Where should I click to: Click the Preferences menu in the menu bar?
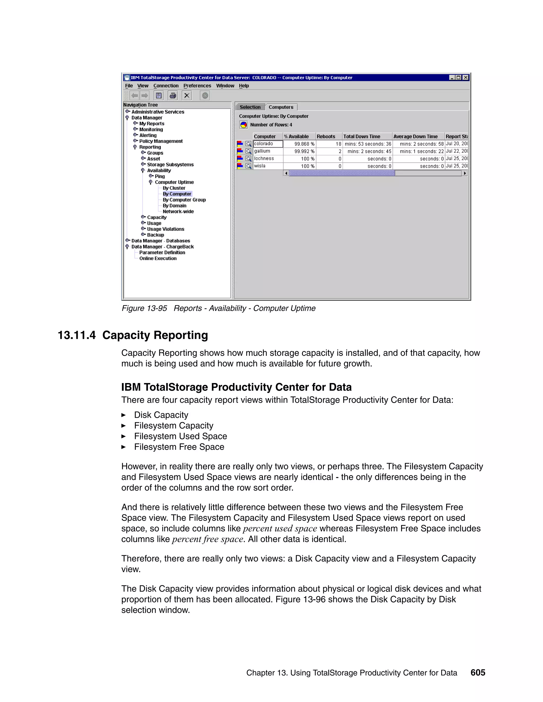coord(197,86)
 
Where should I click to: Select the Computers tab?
coord(281,107)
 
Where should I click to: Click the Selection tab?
coord(250,107)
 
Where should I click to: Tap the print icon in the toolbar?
coord(173,95)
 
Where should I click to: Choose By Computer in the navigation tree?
coord(177,194)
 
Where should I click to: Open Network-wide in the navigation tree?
coord(178,211)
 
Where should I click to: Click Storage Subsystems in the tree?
coord(170,165)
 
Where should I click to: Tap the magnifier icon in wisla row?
coord(248,166)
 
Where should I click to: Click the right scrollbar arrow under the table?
coord(465,173)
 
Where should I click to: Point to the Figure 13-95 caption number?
coord(144,308)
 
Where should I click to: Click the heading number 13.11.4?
coord(77,335)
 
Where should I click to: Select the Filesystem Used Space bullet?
coord(181,436)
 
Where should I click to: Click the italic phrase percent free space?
coord(208,539)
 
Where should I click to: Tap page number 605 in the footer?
coord(478,673)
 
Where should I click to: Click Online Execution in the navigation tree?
coord(158,259)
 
